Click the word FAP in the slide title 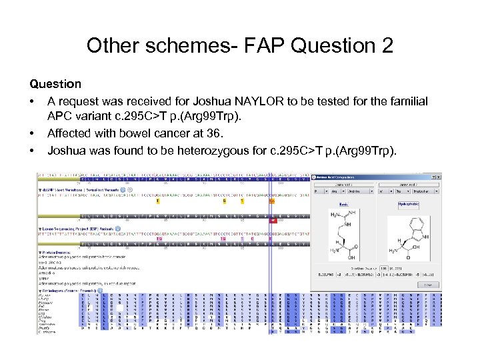tap(265, 46)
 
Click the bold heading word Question tap(55, 84)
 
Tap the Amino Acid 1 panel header tap(343, 184)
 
